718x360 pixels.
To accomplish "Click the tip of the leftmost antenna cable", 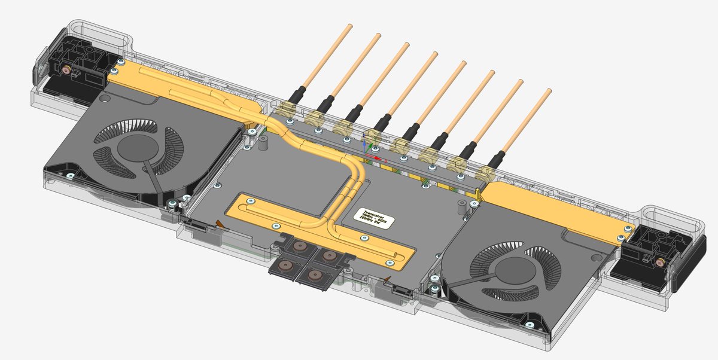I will click(349, 26).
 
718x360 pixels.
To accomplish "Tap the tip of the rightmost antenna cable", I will click(549, 91).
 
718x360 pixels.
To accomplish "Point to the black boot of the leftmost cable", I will click(297, 94).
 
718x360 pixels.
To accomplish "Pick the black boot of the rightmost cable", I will click(497, 159).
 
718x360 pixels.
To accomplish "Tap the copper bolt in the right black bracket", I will click(659, 262).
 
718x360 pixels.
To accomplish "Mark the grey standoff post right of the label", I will click(462, 207).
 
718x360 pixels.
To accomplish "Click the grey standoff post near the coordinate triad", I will click(262, 143).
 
